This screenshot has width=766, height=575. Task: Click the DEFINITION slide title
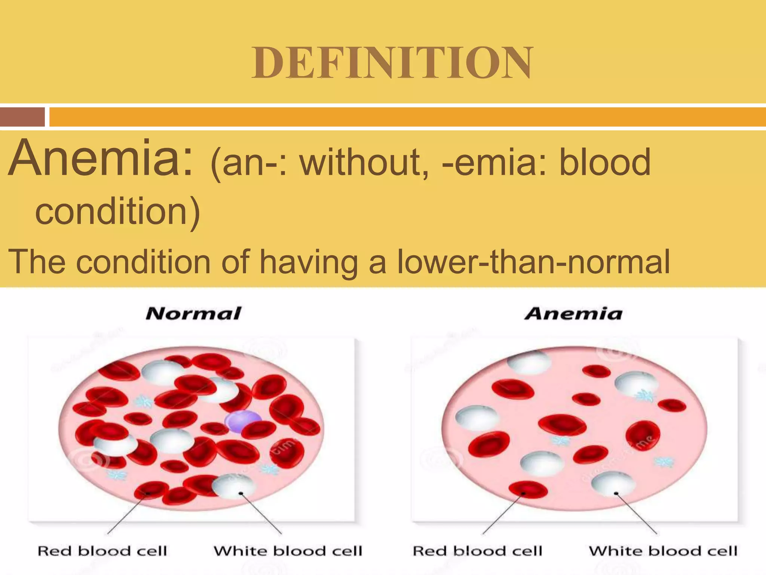pos(392,63)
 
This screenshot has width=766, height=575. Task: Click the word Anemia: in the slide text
pos(100,159)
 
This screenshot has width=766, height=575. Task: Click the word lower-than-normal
pos(533,262)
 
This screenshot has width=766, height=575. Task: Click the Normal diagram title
pos(193,314)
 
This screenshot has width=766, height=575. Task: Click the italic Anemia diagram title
pos(573,314)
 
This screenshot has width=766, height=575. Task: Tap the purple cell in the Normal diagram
pos(243,421)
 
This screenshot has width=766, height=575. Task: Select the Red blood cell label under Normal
pos(102,551)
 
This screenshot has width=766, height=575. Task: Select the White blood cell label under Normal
pos(288,551)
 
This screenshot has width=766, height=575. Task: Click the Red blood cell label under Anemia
pos(477,551)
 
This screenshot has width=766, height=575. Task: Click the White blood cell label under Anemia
pos(663,551)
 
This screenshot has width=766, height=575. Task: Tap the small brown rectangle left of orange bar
pos(22,117)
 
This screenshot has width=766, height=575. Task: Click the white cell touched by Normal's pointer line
pos(234,486)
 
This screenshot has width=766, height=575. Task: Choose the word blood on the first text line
pos(604,163)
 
